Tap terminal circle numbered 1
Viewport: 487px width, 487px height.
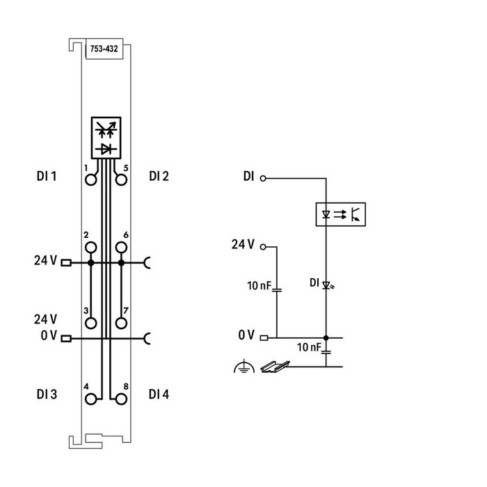tap(90, 180)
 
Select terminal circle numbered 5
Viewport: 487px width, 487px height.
tap(120, 180)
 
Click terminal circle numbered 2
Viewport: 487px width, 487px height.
tap(90, 247)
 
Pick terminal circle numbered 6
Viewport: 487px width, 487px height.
tap(120, 247)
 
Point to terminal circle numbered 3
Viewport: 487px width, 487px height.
tap(90, 322)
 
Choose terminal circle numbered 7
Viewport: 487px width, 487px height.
tap(120, 322)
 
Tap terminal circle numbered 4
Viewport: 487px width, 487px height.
tap(90, 399)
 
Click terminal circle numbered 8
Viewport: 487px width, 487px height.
tap(120, 399)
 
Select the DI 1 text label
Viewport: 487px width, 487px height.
tap(46, 177)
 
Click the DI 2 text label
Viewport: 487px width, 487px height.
tap(159, 177)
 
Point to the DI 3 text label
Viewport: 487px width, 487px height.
tap(46, 394)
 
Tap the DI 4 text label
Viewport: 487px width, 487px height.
tap(159, 394)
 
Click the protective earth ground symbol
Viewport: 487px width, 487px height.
tap(240, 367)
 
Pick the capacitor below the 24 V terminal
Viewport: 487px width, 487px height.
tap(276, 287)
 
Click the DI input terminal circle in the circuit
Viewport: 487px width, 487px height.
tap(263, 178)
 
